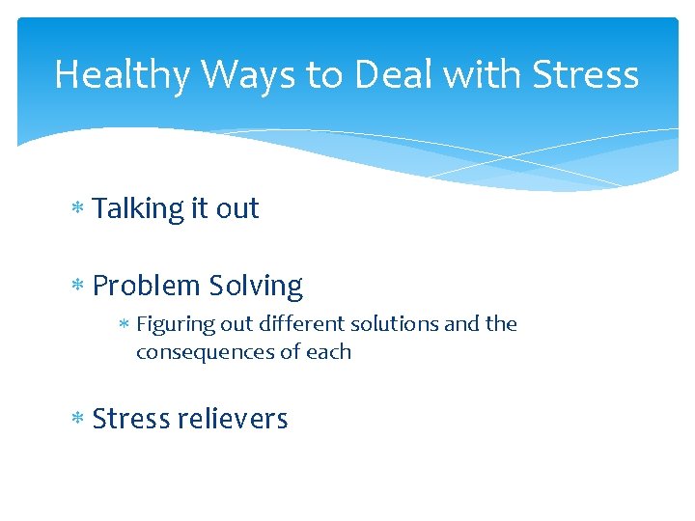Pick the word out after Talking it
click(237, 209)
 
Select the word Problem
click(145, 287)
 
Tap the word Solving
click(256, 287)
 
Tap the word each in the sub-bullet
click(328, 352)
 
